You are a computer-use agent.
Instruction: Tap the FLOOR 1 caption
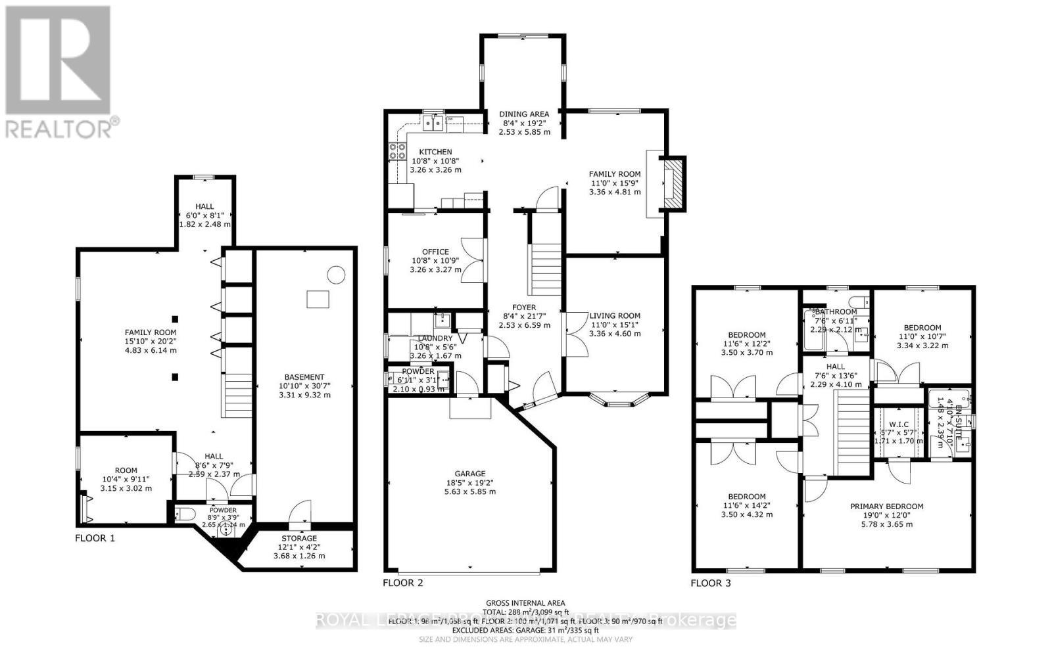[95, 538]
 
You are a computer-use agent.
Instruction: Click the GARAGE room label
[470, 474]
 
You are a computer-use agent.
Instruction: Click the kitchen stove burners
[398, 151]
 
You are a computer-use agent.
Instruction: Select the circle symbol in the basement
[336, 274]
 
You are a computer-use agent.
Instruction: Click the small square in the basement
[318, 299]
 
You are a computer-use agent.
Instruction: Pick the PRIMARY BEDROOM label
[886, 506]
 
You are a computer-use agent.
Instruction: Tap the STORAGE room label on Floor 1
[299, 538]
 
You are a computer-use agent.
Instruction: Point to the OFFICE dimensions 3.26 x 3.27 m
[435, 269]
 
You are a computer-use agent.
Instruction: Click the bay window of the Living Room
[617, 400]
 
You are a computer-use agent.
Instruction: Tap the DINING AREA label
[524, 114]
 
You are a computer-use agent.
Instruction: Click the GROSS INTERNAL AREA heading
[525, 602]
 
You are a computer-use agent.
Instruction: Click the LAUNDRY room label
[435, 338]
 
